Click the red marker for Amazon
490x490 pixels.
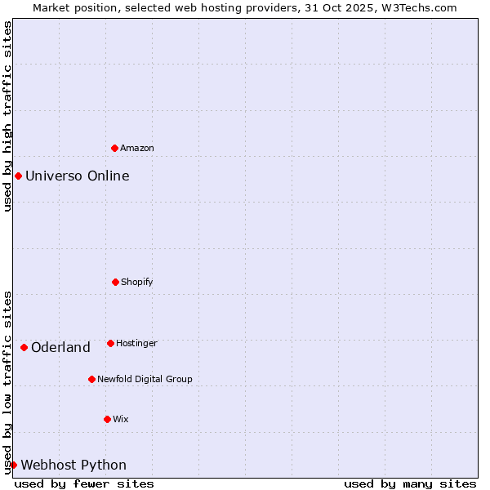pos(114,148)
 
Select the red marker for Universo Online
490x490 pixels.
pos(18,176)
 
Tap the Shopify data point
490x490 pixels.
pos(115,282)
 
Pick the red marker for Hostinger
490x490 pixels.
pos(110,343)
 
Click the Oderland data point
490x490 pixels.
pos(24,347)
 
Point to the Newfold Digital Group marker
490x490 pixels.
pos(91,379)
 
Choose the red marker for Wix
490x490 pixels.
pos(107,419)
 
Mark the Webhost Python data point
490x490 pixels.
pos(13,465)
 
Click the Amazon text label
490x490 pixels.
pos(137,148)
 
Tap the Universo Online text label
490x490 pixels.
pos(78,176)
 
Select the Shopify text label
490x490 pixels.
pos(137,282)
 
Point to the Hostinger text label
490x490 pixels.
pos(136,343)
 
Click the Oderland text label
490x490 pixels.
pos(60,347)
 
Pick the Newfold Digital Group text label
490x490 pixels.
pos(145,379)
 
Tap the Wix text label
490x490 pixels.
pos(121,419)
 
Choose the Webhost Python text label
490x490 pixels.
pos(73,465)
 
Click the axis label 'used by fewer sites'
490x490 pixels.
pos(84,483)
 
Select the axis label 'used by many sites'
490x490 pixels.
pos(410,483)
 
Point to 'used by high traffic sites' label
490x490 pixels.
pos(7,116)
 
